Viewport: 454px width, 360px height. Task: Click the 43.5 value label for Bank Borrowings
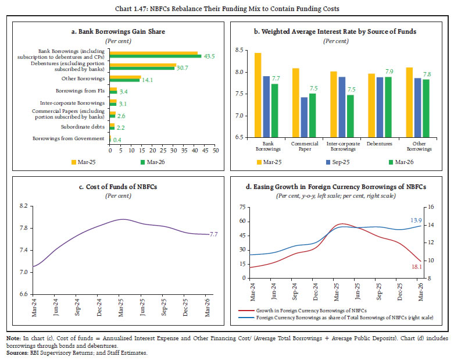(x=209, y=56)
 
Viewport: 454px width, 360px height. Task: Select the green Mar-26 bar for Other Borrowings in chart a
(x=125, y=80)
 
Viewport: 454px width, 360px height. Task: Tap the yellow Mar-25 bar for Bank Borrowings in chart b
(x=258, y=95)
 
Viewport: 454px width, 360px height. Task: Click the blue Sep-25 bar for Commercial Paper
(x=304, y=117)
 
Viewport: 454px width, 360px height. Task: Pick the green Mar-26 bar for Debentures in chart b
(x=388, y=107)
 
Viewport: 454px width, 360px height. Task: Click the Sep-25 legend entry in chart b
(x=338, y=162)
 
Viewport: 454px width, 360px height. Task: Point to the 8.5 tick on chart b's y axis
(x=239, y=50)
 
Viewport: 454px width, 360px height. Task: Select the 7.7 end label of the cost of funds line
(x=214, y=234)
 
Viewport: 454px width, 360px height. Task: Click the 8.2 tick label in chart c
(x=23, y=206)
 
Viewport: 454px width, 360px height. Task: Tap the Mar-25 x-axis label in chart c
(x=121, y=308)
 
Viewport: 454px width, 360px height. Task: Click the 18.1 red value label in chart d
(x=417, y=266)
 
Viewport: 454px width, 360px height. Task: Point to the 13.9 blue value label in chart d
(x=416, y=220)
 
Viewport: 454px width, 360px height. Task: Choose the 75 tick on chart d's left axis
(x=242, y=207)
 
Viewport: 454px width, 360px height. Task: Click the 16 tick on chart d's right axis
(x=431, y=207)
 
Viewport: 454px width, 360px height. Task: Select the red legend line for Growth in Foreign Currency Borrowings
(x=246, y=311)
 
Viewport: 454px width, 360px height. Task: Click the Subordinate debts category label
(x=83, y=127)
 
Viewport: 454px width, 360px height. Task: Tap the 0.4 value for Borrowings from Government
(x=117, y=140)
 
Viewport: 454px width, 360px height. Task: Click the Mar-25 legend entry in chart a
(x=83, y=162)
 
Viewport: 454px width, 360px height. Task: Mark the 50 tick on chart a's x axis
(x=216, y=151)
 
